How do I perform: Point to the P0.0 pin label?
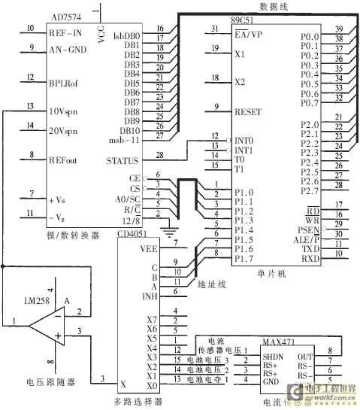[x=309, y=35]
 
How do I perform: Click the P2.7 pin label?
[x=309, y=190]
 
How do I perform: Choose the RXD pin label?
[x=310, y=257]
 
